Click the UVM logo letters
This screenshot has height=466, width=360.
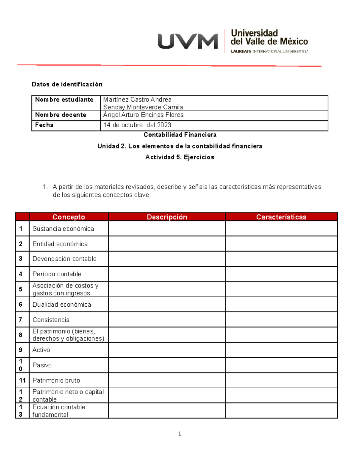click(x=188, y=41)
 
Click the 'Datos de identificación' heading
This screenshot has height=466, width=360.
click(x=67, y=84)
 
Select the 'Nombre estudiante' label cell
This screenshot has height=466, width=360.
click(x=64, y=100)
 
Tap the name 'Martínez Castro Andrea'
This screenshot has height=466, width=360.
click(x=137, y=100)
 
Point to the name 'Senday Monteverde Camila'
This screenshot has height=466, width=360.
click(x=143, y=107)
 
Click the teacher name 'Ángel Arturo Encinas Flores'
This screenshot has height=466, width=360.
click(x=143, y=115)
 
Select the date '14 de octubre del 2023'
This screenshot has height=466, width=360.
click(x=137, y=125)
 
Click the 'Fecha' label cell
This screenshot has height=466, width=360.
click(x=44, y=125)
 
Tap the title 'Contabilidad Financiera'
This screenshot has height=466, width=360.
click(x=180, y=135)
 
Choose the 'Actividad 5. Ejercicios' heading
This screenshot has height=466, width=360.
click(x=180, y=157)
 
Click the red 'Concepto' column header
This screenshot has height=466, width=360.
click(x=69, y=217)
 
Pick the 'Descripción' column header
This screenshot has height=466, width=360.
click(x=167, y=217)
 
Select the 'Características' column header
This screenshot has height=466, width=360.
click(x=281, y=217)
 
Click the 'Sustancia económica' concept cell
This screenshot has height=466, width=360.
click(x=63, y=229)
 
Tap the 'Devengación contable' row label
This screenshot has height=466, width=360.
click(x=64, y=259)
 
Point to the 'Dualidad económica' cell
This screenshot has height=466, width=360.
click(x=62, y=305)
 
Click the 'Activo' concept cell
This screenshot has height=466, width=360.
click(x=41, y=350)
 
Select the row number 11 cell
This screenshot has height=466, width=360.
click(x=22, y=380)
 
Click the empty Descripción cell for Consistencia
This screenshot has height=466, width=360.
click(x=167, y=320)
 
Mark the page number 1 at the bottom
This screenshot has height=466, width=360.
click(x=179, y=434)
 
